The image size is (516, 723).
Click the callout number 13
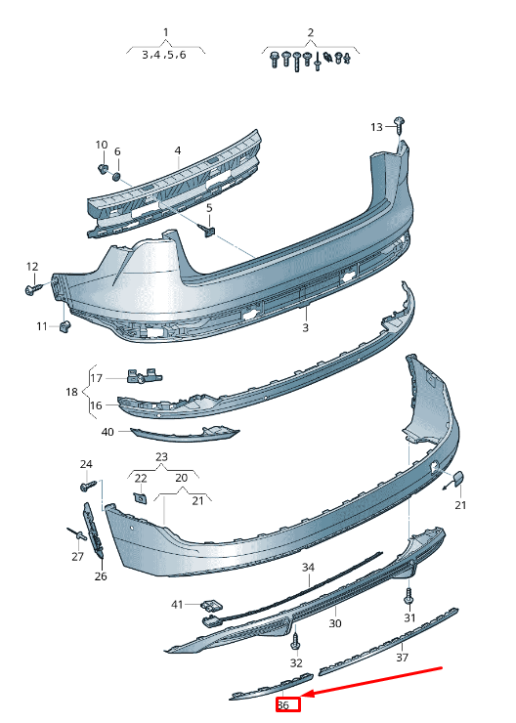pyautogui.click(x=377, y=127)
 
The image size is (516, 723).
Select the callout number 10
pyautogui.click(x=102, y=145)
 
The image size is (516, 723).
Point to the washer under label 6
pyautogui.click(x=116, y=176)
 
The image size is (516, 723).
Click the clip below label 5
pyautogui.click(x=207, y=230)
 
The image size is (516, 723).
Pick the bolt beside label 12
pyautogui.click(x=33, y=289)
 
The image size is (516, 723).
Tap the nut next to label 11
pyautogui.click(x=65, y=326)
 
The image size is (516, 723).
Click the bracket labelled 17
pyautogui.click(x=144, y=375)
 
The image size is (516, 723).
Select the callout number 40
pyautogui.click(x=107, y=432)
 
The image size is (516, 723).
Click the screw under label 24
pyautogui.click(x=88, y=486)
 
